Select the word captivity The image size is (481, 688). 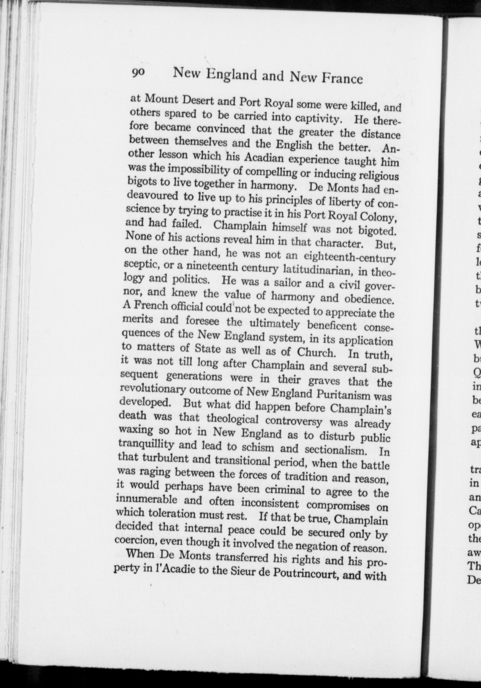click(x=319, y=119)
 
